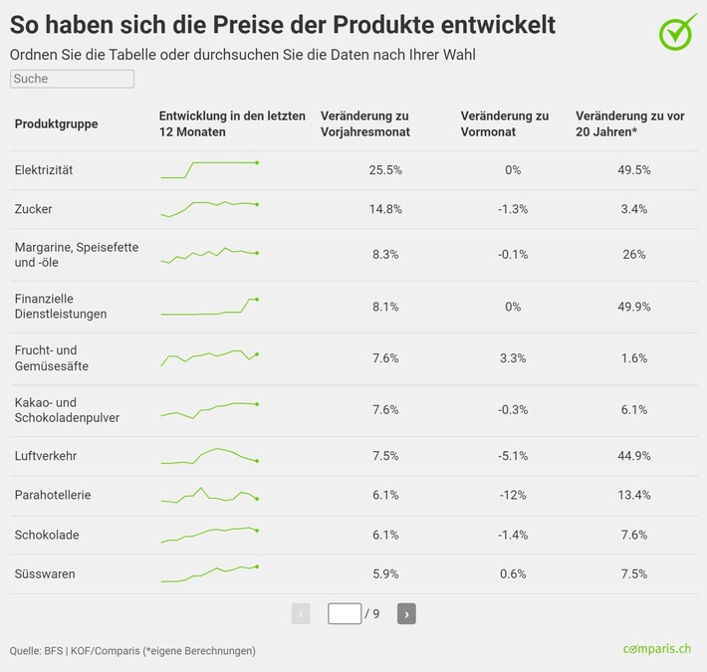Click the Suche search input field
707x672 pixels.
(72, 78)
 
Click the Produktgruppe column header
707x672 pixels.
(56, 123)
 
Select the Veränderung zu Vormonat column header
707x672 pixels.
(505, 123)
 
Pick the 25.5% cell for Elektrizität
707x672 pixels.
(385, 170)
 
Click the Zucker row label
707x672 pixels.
(34, 209)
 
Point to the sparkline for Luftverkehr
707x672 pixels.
(209, 456)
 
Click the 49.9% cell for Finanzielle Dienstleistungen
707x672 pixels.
(634, 307)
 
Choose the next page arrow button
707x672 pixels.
(406, 613)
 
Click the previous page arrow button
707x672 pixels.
(301, 613)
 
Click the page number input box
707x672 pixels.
(345, 613)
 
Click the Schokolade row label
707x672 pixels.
(47, 535)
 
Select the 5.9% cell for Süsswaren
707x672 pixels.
(385, 573)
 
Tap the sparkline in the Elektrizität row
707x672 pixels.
(209, 169)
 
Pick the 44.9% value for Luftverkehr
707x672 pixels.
(634, 456)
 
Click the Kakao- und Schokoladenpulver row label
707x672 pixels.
(67, 410)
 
